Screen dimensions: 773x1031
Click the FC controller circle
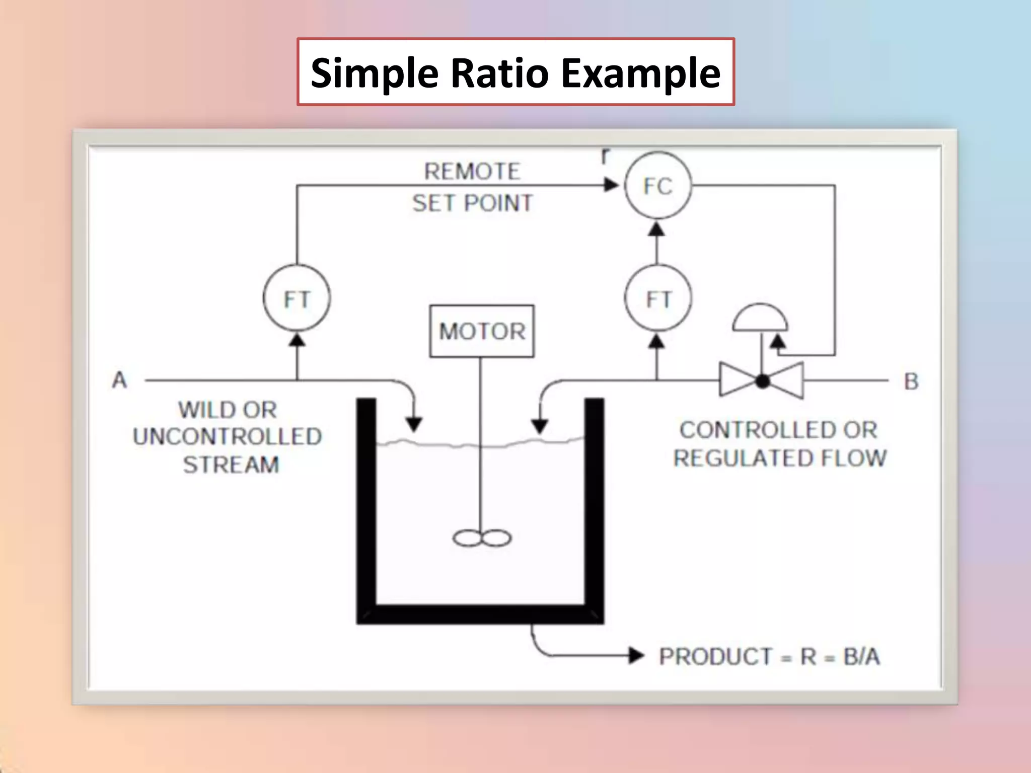coord(658,186)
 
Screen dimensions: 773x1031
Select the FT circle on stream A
coord(297,298)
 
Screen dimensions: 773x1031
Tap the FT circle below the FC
coord(658,298)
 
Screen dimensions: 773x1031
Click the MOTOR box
coord(482,331)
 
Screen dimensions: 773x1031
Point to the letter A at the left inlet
coord(119,380)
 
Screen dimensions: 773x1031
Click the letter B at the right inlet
coord(911,381)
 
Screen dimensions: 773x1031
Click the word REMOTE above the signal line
coord(472,172)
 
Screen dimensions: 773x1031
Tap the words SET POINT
coord(472,203)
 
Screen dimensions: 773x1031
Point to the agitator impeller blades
coord(482,538)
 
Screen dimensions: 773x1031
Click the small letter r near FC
coord(606,156)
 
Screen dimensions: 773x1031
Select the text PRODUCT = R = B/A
coord(769,656)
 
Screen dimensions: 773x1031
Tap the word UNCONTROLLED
coord(227,436)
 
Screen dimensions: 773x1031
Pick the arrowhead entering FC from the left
coord(612,185)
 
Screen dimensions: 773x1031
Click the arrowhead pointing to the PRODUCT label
coord(636,655)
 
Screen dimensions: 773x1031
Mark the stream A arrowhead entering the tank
coord(414,424)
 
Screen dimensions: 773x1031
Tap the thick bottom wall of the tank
coord(480,614)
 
